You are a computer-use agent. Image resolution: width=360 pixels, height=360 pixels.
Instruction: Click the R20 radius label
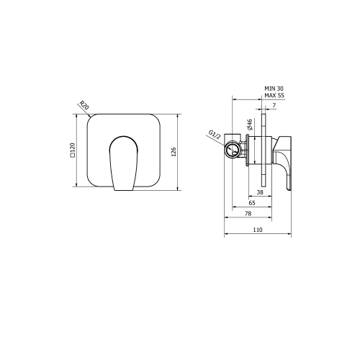[x=84, y=105]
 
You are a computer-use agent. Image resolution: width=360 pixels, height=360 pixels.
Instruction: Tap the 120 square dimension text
[x=73, y=149]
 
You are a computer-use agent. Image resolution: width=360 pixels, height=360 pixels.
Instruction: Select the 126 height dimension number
[x=174, y=152]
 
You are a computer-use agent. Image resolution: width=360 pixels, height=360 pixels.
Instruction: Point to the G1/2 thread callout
[x=215, y=135]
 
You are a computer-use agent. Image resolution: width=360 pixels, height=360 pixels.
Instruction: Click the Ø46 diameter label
[x=250, y=125]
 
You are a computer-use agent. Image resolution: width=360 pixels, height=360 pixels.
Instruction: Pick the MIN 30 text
[x=274, y=89]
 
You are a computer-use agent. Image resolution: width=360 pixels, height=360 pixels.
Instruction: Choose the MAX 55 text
[x=274, y=95]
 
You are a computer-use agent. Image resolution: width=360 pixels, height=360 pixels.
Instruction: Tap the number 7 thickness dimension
[x=274, y=105]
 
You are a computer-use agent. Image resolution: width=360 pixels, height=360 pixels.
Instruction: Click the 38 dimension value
[x=260, y=192]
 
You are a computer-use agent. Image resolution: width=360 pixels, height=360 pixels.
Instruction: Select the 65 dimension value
[x=252, y=203]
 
